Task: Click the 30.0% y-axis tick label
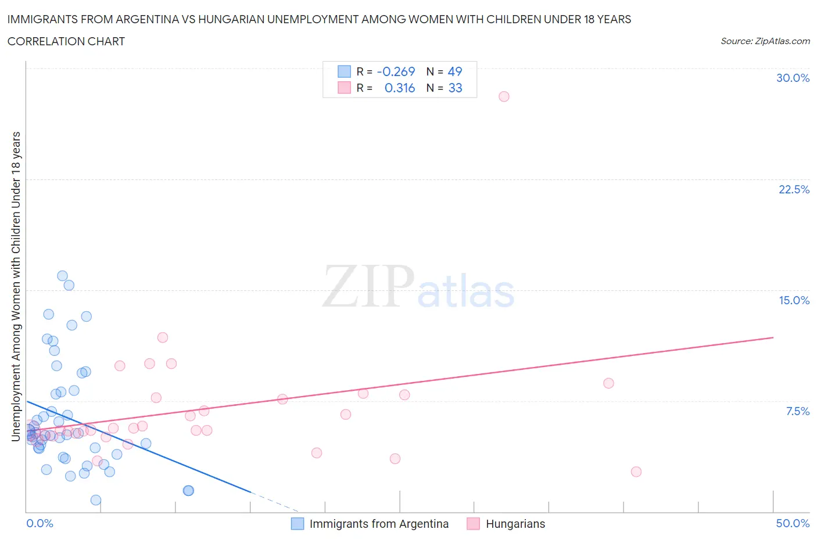[x=793, y=78]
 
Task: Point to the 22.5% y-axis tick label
[x=794, y=189]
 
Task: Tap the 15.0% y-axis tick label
[x=794, y=300]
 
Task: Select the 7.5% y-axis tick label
[x=797, y=411]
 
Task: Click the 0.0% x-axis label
[x=40, y=523]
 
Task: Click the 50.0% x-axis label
[x=793, y=523]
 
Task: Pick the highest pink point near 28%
[x=504, y=96]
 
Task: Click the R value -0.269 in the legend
[x=396, y=71]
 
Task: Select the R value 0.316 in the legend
[x=400, y=88]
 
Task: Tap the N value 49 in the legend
[x=455, y=71]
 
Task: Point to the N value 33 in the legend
[x=455, y=88]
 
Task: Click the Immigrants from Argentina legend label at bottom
[x=379, y=524]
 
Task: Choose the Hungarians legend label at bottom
[x=515, y=524]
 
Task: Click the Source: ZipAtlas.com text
[x=765, y=41]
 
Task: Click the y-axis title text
[x=16, y=286]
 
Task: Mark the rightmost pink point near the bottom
[x=636, y=471]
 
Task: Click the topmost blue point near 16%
[x=62, y=276]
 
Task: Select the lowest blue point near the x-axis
[x=96, y=500]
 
